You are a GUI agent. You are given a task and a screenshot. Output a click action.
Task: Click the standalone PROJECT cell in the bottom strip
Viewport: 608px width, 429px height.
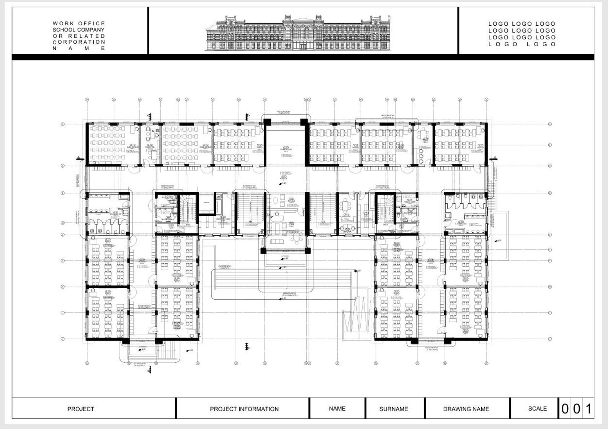[x=80, y=409]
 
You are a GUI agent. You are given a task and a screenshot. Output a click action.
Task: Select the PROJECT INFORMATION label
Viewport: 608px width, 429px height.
[x=244, y=409]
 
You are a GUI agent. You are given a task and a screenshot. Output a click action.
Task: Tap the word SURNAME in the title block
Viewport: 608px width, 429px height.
[x=393, y=409]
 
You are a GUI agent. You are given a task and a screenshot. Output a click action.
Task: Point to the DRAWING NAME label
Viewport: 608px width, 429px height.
[x=466, y=409]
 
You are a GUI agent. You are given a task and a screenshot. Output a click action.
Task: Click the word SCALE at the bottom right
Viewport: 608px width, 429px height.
[x=537, y=408]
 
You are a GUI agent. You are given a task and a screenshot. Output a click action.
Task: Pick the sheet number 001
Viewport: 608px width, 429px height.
[x=577, y=409]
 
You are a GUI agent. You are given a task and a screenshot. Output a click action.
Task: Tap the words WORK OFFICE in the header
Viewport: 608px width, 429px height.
[x=79, y=23]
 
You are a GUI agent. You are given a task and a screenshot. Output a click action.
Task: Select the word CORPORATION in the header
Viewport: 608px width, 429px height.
[x=79, y=42]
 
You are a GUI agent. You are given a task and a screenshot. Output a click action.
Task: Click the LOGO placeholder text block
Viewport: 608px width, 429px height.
[x=522, y=34]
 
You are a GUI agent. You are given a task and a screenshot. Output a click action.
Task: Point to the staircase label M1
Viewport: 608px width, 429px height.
[x=250, y=222]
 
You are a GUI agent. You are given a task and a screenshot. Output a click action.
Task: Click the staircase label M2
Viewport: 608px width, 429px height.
[x=323, y=222]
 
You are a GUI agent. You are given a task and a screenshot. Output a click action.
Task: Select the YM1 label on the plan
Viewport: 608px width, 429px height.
[x=188, y=225]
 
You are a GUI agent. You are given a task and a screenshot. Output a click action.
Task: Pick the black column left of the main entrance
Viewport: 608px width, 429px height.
[x=263, y=251]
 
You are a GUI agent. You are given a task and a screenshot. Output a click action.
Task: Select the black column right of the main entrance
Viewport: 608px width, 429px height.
[x=307, y=251]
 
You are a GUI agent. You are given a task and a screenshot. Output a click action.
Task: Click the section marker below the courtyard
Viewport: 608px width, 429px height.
[x=247, y=347]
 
